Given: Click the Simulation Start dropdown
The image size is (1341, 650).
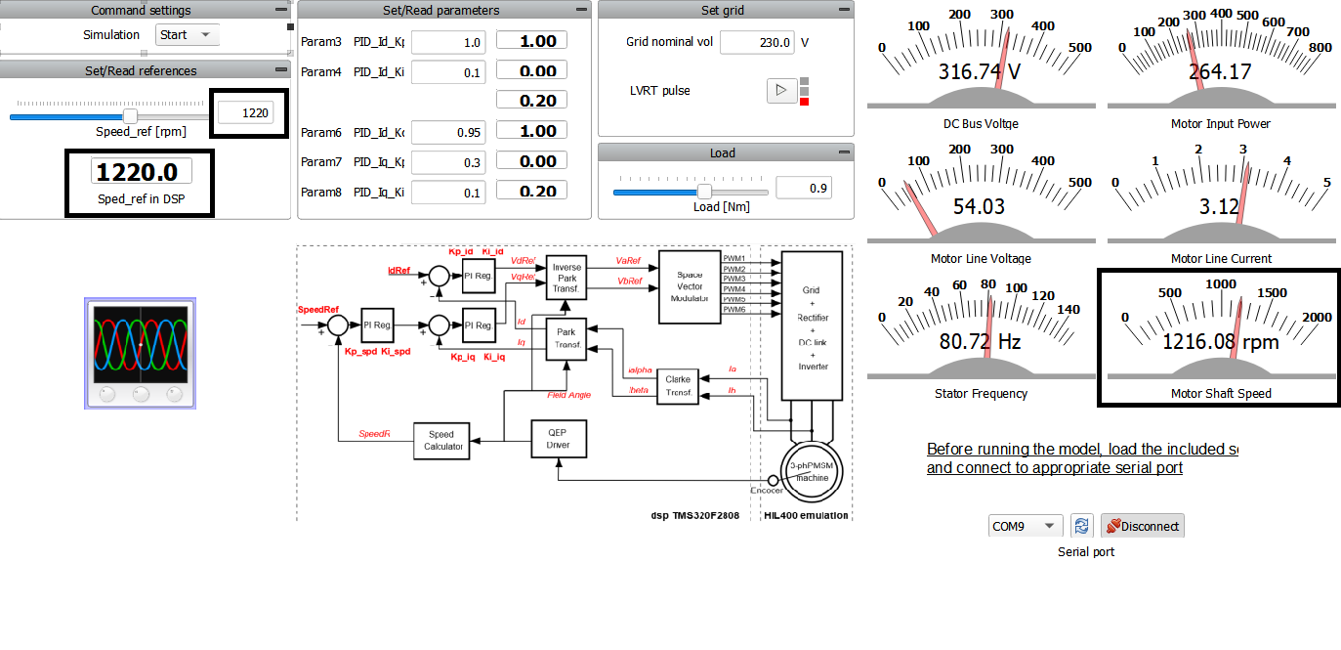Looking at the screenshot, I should [x=188, y=35].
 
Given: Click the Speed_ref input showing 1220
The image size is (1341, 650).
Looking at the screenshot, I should [x=244, y=113].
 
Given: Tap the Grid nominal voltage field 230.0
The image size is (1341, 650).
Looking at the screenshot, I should [x=756, y=43].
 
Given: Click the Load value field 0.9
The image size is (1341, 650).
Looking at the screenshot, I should [x=803, y=188].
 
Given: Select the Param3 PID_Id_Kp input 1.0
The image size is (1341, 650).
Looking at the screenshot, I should [x=448, y=42].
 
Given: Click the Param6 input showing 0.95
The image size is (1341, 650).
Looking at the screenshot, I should [x=448, y=132].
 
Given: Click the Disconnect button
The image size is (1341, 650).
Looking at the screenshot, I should [x=1142, y=526].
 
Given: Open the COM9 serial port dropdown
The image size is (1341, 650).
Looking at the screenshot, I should [x=1025, y=526].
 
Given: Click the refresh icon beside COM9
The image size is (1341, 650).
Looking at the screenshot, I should [x=1081, y=526].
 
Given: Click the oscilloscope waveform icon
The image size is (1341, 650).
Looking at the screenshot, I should [x=141, y=354].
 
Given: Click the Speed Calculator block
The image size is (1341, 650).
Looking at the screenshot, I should [x=441, y=441].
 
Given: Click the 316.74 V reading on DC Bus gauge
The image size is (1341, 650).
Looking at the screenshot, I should [x=980, y=72].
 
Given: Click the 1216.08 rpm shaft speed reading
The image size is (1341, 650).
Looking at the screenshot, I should [x=1220, y=342].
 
